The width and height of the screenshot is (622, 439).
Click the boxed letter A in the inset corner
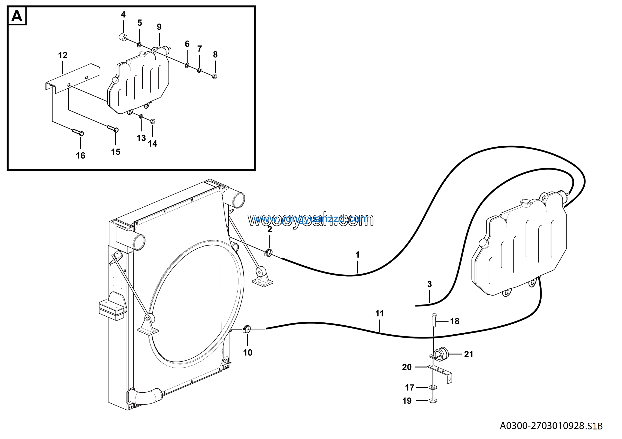[17, 16]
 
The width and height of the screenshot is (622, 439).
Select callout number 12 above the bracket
[63, 56]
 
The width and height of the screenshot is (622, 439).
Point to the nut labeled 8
[215, 76]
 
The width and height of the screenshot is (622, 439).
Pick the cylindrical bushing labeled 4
[123, 37]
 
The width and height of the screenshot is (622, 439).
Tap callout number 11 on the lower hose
[379, 313]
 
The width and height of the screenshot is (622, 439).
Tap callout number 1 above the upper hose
[357, 255]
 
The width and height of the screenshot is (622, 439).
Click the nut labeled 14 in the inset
[153, 121]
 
